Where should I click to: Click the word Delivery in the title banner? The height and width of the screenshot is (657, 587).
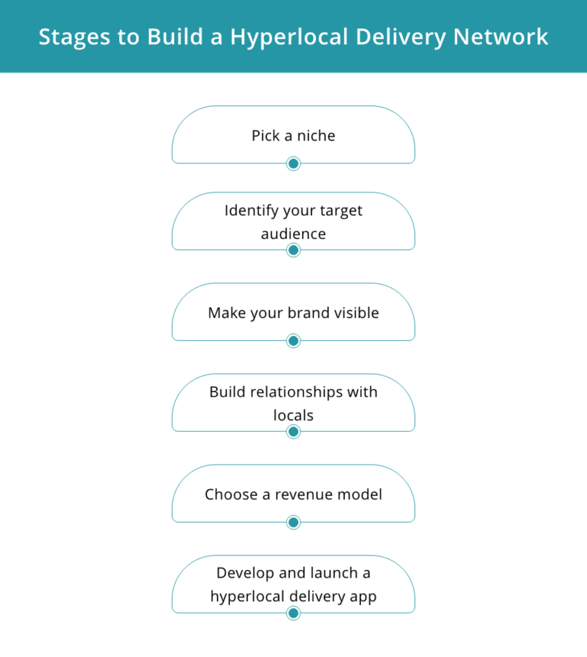click(405, 37)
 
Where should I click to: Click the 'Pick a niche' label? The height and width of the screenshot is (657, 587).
click(293, 135)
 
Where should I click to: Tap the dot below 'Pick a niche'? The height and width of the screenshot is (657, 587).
click(293, 163)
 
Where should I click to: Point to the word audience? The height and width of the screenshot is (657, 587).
click(293, 234)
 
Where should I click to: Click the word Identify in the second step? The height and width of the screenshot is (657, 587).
click(251, 210)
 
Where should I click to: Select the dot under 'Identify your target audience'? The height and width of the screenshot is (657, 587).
click(293, 250)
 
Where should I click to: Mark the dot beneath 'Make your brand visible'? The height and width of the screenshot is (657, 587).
click(293, 341)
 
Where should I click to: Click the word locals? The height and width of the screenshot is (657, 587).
click(293, 416)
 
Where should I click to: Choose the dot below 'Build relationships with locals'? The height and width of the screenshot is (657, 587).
click(293, 432)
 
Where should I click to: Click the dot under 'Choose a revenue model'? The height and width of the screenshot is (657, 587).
click(293, 523)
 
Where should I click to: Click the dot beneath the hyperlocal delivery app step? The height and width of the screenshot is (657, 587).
click(293, 613)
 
